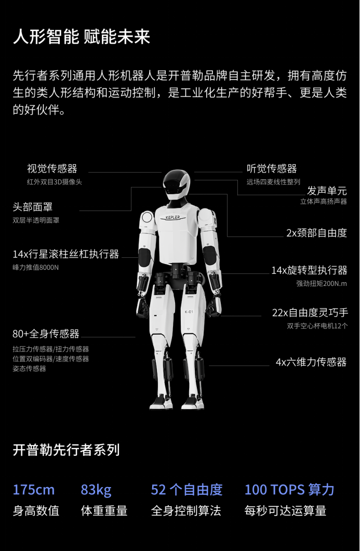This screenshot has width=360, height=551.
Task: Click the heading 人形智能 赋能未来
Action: coord(82,37)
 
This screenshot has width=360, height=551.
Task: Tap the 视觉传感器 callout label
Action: coord(52,168)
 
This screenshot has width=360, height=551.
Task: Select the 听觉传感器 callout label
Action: coord(272,168)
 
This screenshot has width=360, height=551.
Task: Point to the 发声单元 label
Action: coord(326,190)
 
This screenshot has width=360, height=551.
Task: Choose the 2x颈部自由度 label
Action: coord(316,233)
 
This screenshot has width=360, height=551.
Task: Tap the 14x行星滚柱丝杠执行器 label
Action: coord(66,254)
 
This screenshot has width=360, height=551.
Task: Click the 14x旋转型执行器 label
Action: coord(309,270)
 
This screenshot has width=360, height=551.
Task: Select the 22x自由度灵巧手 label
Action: coord(310,313)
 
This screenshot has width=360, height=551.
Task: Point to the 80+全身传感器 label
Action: coord(46,333)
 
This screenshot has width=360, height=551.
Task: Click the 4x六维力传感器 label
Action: coord(311,362)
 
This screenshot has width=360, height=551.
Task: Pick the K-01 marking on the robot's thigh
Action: coord(189,312)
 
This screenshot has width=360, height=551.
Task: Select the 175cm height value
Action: coord(34,490)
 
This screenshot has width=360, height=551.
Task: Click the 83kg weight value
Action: coord(96,490)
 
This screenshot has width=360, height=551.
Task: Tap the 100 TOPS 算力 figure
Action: coord(289,490)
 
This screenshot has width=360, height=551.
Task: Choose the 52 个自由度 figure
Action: coord(186,490)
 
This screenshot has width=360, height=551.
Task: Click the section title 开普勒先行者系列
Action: coord(66,450)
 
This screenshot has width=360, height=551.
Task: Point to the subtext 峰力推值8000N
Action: coord(36,267)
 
